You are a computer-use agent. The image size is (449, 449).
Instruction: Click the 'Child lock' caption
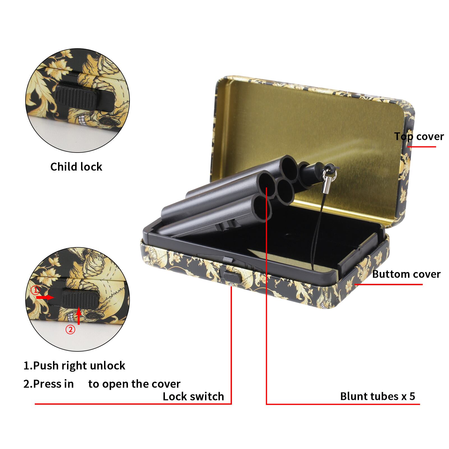click(76, 167)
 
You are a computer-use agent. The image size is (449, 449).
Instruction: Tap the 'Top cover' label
click(419, 137)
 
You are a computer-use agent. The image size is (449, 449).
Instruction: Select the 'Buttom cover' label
click(406, 274)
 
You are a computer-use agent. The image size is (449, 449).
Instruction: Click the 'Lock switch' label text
click(193, 397)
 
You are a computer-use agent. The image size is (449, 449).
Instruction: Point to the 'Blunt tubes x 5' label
click(377, 396)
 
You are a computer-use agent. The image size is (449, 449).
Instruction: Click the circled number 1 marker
click(35, 290)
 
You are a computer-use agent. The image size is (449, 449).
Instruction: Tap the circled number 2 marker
click(70, 330)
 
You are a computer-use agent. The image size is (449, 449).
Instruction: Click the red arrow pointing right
click(45, 297)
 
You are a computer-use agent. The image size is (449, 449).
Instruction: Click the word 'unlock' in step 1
click(107, 366)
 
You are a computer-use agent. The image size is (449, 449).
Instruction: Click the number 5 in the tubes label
click(412, 396)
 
